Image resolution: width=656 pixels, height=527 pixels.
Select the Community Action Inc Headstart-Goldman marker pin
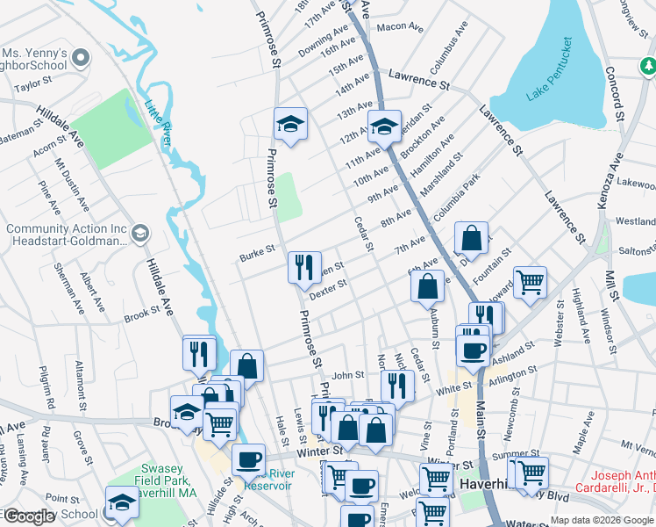(x=140, y=234)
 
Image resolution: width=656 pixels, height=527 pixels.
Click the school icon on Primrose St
(x=289, y=125)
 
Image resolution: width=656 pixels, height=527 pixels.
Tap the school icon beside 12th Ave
(x=383, y=127)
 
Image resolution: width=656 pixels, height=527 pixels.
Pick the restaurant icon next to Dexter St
(x=303, y=267)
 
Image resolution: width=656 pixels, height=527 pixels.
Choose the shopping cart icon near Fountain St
(x=530, y=284)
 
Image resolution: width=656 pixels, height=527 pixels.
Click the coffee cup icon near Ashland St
(x=473, y=349)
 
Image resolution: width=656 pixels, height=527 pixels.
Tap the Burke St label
(x=258, y=256)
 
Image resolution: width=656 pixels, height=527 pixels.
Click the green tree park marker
(x=647, y=65)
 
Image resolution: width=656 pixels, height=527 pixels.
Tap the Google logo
(x=28, y=516)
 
